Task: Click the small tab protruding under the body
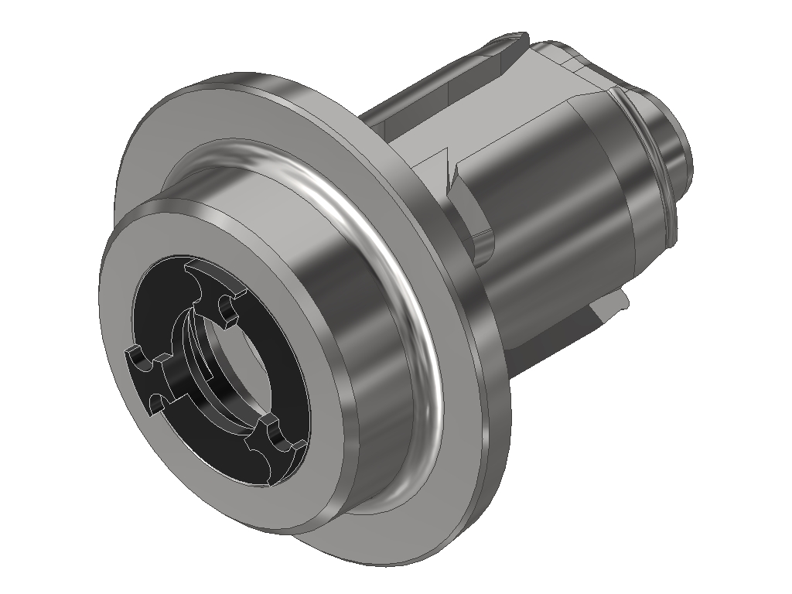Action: point(611,309)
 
